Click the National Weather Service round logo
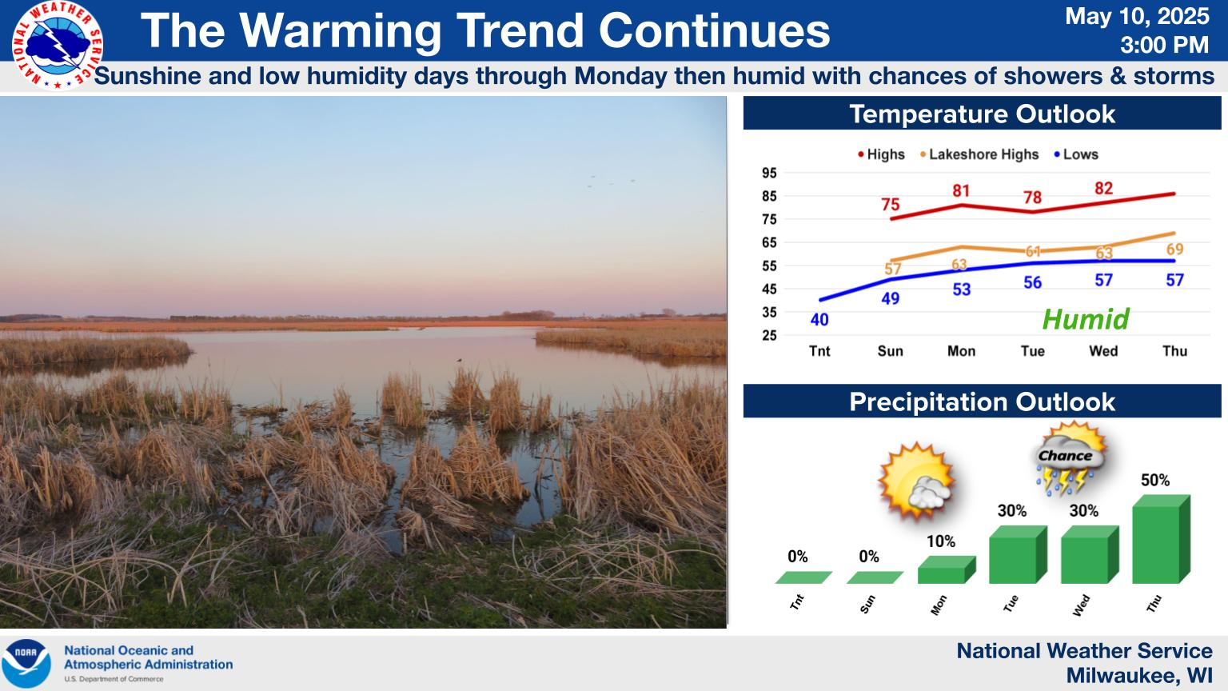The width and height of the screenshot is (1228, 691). click(58, 45)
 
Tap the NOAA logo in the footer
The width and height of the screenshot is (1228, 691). click(26, 663)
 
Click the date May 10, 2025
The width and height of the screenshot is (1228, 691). click(1137, 17)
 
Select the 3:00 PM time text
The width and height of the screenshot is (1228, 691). click(1164, 45)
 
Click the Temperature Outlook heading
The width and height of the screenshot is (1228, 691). click(982, 114)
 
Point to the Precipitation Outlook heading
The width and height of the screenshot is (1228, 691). click(982, 402)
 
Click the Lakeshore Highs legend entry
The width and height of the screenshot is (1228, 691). click(979, 154)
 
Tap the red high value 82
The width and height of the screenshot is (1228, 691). click(1103, 188)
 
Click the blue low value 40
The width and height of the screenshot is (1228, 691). click(819, 319)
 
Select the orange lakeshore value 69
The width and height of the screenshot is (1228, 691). click(1174, 249)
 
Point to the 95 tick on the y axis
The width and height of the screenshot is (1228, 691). click(769, 174)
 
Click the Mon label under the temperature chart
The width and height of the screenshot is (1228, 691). click(962, 351)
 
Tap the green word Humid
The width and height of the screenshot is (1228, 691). click(1086, 319)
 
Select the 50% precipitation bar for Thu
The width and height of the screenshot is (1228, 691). click(1161, 539)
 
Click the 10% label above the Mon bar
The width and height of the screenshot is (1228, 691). click(941, 541)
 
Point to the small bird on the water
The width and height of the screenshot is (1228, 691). click(460, 361)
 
